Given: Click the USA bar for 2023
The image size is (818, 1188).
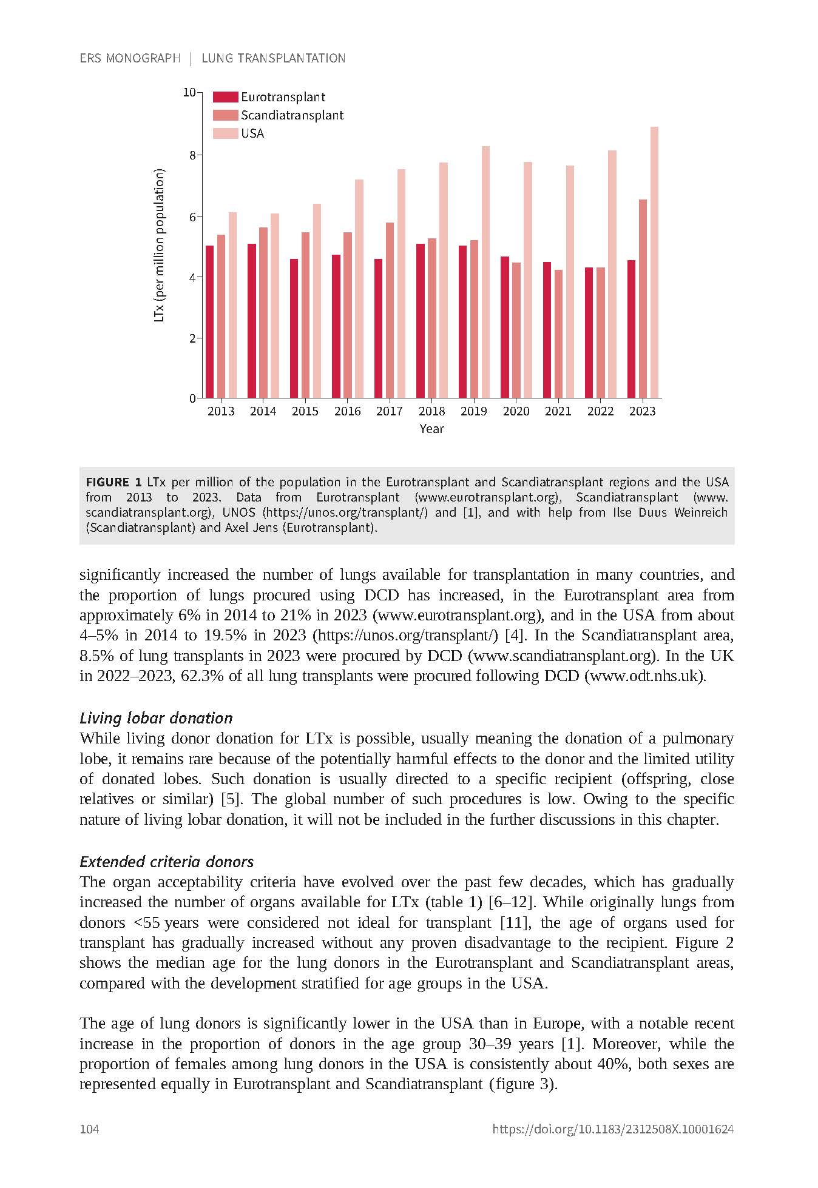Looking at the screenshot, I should click(x=654, y=262).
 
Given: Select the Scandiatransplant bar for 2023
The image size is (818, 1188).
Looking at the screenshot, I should click(x=643, y=298).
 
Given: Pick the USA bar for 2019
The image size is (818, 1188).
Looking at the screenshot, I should click(x=485, y=272).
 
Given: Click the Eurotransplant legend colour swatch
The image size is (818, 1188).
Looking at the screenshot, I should click(x=225, y=97).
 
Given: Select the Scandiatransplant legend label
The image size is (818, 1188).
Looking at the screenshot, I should click(x=292, y=115).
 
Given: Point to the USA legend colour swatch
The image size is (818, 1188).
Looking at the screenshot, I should click(x=225, y=133).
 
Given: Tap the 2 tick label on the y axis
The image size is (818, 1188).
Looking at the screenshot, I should click(x=192, y=338).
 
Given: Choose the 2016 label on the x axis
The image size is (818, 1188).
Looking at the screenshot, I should click(x=347, y=411).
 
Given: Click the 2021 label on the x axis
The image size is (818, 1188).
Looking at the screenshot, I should click(x=558, y=411).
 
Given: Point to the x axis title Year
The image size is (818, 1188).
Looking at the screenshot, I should click(x=431, y=429).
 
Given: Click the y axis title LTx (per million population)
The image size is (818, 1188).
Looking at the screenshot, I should click(x=160, y=246).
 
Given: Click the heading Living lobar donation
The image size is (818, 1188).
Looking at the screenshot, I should click(x=156, y=718).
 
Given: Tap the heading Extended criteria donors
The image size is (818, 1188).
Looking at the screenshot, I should click(x=166, y=862).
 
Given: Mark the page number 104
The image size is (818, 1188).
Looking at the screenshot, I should click(x=89, y=1129).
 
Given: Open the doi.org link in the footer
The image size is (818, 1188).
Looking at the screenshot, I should click(x=613, y=1129).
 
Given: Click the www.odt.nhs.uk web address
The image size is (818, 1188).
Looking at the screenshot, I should click(x=645, y=676).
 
